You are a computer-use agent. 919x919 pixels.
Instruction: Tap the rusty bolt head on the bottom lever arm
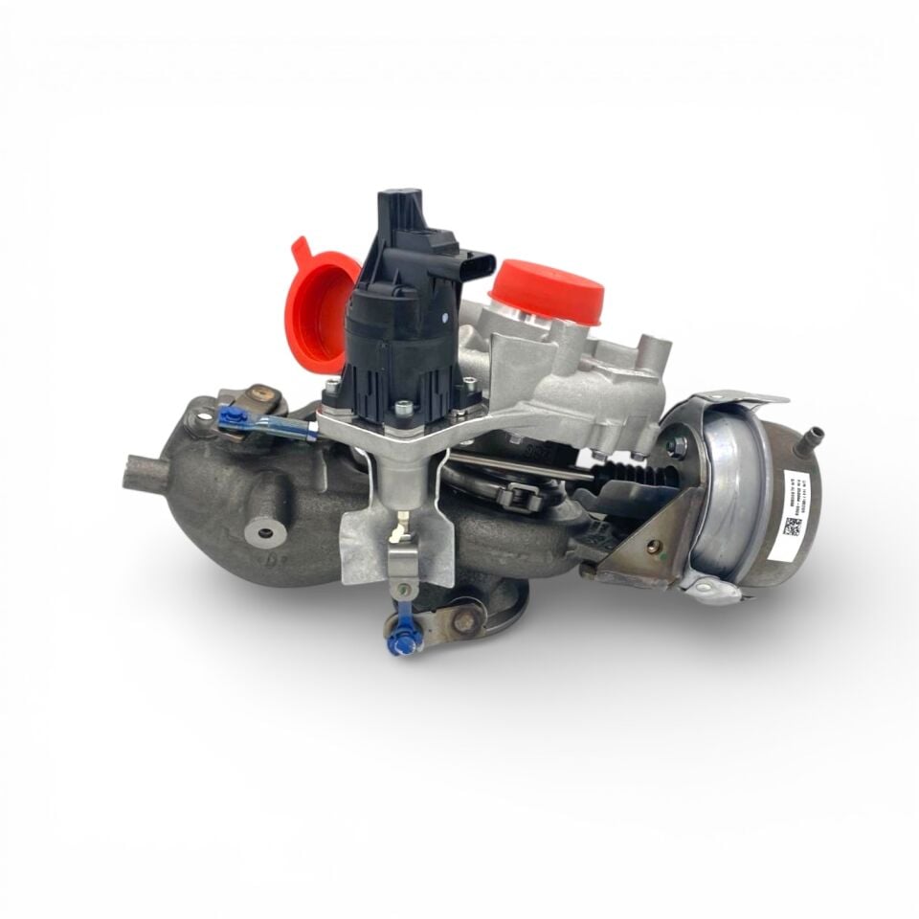pyautogui.click(x=466, y=622)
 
